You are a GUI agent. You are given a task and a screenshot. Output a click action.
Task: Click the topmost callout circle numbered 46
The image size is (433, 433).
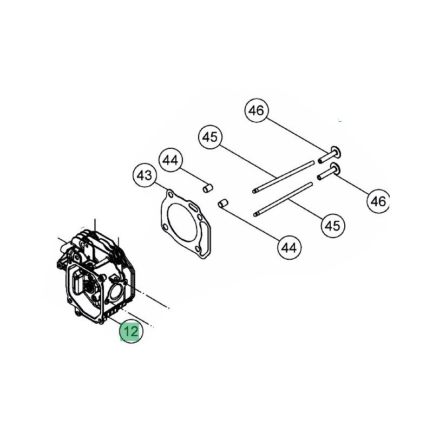[x=256, y=110]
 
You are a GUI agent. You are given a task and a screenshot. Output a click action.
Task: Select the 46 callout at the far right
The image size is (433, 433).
[x=378, y=201]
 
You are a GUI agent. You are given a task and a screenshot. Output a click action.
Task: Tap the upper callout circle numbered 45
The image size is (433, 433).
[x=210, y=137]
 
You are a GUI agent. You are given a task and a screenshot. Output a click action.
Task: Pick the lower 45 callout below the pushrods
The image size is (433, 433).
[x=333, y=226]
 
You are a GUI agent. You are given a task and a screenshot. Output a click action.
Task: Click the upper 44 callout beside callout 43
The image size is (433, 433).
[x=170, y=160]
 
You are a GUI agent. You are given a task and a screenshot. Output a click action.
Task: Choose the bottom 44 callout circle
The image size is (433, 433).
[x=289, y=248]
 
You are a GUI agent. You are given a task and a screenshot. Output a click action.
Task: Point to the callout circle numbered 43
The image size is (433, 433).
[x=145, y=175]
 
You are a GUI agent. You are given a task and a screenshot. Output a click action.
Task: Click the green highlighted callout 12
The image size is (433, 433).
[x=131, y=331]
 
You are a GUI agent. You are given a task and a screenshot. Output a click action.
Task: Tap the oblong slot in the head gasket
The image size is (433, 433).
[x=193, y=206]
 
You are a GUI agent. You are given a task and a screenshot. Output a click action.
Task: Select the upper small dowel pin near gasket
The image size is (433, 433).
[x=208, y=188]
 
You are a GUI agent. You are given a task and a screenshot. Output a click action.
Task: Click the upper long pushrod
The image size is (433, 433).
[x=283, y=177]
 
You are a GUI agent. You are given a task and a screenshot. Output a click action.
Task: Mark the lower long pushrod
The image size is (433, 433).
[x=283, y=199]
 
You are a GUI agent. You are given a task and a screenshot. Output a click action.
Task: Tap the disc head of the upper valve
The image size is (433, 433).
[x=336, y=152]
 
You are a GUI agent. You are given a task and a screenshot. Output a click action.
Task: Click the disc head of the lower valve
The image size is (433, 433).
[x=335, y=168]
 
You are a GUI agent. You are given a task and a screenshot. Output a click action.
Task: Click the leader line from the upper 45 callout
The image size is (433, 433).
[x=248, y=160]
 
